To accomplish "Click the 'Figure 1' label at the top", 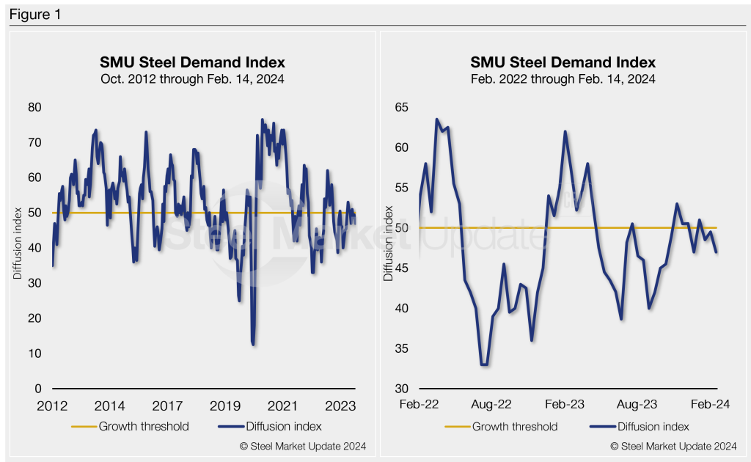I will (35, 15).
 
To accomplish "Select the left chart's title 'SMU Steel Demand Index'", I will (192, 62).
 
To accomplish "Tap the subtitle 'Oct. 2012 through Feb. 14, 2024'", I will (192, 78).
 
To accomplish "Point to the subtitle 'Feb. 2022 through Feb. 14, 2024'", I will (563, 78).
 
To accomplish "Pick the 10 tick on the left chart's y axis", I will (35, 353).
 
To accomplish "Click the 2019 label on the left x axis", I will (224, 406).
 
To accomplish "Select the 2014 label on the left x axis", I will (109, 406).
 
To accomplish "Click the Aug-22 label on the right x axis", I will (491, 404).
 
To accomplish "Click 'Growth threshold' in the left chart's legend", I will (144, 426).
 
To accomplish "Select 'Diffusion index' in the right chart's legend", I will (653, 426).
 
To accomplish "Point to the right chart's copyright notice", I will (673, 446).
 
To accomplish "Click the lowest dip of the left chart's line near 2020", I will (254, 343).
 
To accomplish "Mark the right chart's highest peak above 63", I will (437, 120).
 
